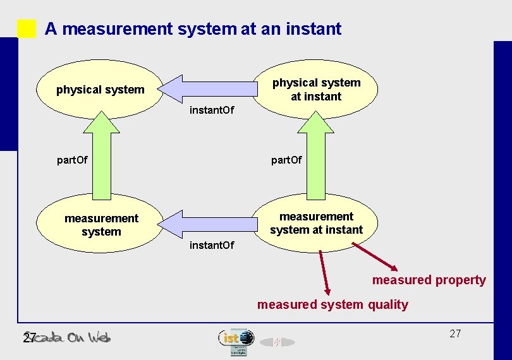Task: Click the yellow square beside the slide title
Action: click(27, 28)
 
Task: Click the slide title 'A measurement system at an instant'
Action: click(193, 28)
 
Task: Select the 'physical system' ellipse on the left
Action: click(100, 90)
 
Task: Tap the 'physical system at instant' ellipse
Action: click(316, 90)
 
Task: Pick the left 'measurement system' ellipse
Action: click(101, 225)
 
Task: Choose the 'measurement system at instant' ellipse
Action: click(316, 223)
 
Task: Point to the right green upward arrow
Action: click(316, 158)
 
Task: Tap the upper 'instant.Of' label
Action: click(212, 111)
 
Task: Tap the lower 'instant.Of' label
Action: click(212, 244)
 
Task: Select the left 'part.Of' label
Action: click(72, 160)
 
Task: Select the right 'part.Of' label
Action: click(286, 160)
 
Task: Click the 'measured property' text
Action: click(429, 280)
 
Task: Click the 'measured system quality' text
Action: click(332, 304)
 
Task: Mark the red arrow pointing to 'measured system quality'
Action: click(324, 272)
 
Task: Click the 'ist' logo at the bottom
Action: click(235, 339)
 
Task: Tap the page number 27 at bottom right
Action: click(455, 333)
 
